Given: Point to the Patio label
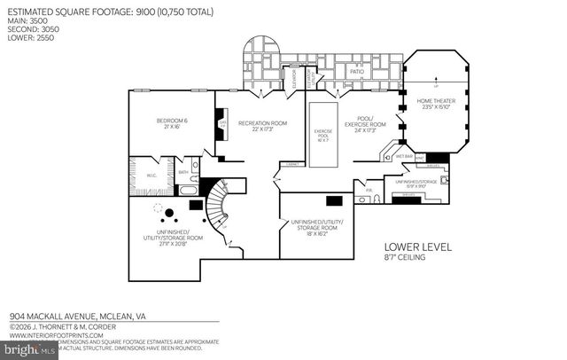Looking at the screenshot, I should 357,70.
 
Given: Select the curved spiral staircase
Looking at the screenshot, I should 222,208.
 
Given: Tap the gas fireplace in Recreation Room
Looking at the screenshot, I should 222,125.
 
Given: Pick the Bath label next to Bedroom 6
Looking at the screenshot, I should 182,173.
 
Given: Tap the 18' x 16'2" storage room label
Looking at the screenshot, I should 315,227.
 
